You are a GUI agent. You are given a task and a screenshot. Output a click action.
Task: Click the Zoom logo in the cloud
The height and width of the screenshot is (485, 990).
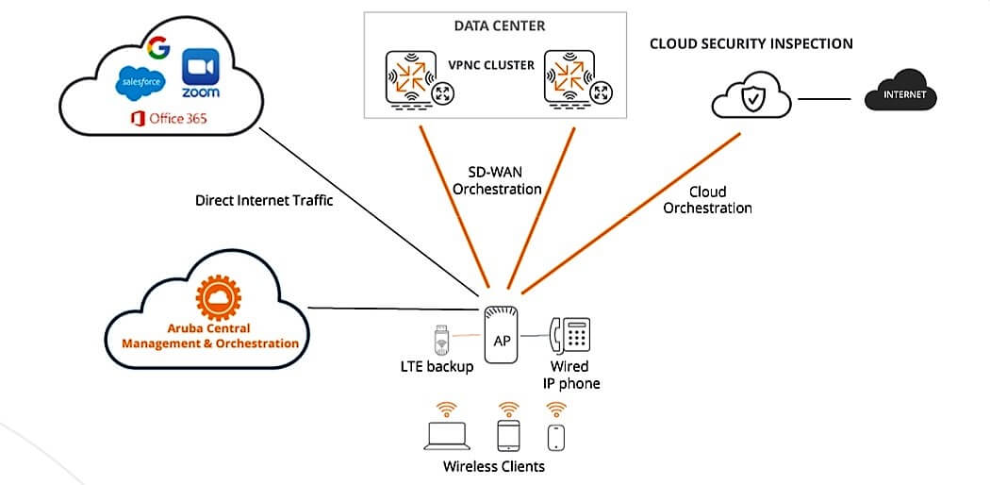coord(200,73)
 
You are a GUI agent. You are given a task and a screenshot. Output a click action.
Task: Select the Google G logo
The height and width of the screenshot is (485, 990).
coord(158,47)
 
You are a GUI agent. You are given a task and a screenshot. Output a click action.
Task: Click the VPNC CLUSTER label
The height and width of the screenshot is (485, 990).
coord(490,66)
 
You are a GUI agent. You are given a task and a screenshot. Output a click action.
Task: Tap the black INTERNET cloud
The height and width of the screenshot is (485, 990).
coord(902,94)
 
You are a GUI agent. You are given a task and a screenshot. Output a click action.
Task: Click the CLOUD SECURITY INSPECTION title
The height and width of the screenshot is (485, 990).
coord(751,43)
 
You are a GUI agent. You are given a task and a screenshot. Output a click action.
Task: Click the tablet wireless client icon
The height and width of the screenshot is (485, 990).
coord(509,435)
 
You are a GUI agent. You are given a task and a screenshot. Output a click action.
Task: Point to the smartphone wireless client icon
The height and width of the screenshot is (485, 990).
coord(556,437)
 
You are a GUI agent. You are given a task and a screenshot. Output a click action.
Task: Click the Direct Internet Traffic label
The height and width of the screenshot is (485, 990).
coord(264,200)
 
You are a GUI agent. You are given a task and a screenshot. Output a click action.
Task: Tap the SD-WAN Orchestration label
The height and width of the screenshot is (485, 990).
coord(497,180)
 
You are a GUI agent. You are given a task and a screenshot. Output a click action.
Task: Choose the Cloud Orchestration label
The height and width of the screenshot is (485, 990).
coord(707,199)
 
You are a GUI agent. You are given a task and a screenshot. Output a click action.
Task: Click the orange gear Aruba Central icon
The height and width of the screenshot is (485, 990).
coord(210,298)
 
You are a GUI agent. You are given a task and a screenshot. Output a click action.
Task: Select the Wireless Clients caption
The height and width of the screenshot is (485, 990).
coord(494,466)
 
